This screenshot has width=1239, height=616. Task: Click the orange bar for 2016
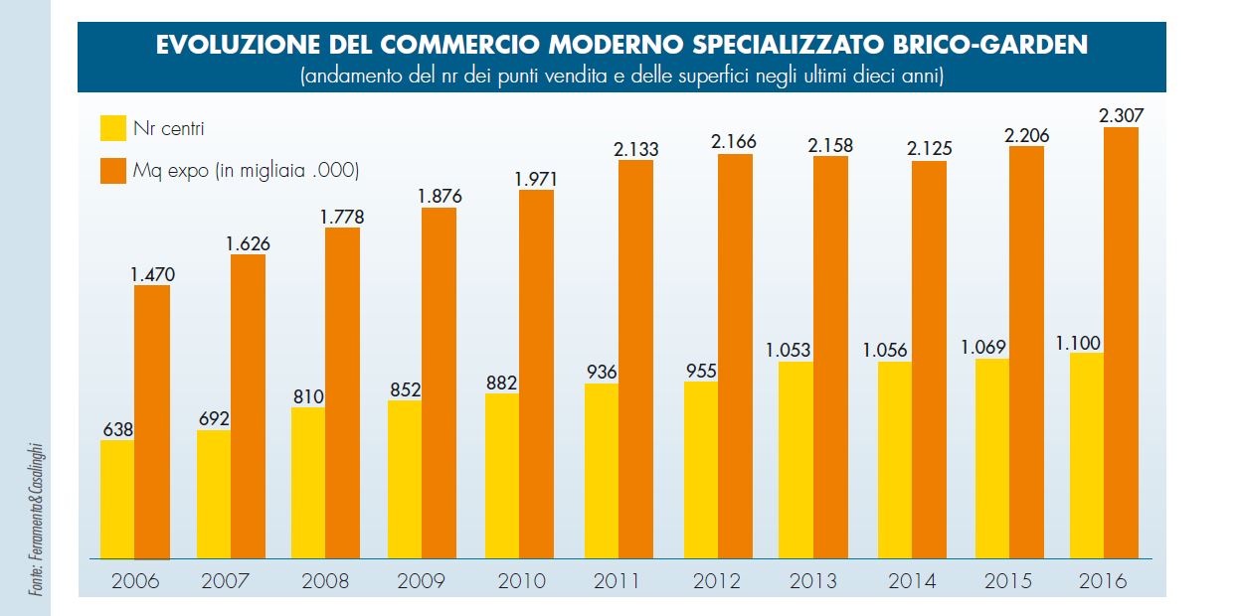tap(1121, 343)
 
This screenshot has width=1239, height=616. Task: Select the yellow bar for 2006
tap(118, 499)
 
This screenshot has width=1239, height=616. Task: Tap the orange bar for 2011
tap(635, 359)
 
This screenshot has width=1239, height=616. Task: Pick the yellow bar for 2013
tap(796, 460)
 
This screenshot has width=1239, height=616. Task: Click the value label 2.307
tap(1121, 115)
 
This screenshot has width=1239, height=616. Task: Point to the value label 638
tap(118, 429)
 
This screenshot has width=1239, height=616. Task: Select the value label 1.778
tap(342, 217)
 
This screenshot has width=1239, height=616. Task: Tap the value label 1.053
tap(788, 350)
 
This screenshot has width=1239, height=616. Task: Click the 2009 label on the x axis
tap(421, 581)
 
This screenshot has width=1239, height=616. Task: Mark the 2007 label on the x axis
tap(225, 581)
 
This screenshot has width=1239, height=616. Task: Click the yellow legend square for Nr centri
tap(111, 127)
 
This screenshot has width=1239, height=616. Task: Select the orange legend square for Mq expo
tap(111, 171)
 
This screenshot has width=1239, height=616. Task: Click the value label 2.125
tap(930, 149)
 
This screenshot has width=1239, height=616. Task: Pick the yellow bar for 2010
tap(502, 476)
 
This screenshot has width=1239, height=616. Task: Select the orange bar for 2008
tap(342, 393)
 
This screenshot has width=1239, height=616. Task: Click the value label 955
tap(700, 371)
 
